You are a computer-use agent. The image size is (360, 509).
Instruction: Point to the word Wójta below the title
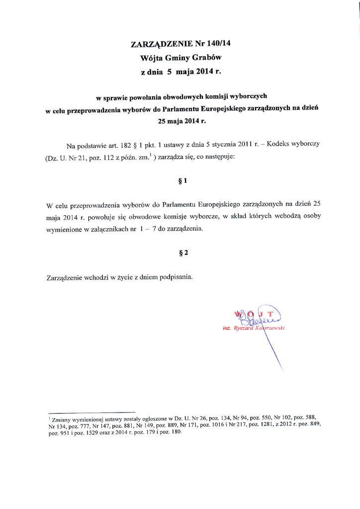[153, 58]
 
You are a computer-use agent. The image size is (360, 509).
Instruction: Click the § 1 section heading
[182, 181]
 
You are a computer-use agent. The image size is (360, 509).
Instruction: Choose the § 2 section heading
[182, 253]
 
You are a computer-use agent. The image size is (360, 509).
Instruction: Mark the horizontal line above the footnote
[91, 412]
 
